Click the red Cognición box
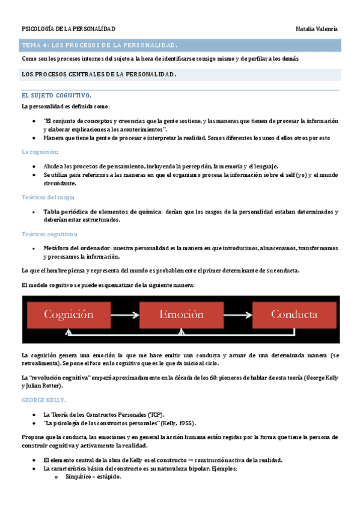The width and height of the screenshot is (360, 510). (68, 315)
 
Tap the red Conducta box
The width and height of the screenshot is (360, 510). (294, 315)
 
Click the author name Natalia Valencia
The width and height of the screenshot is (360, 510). (317, 29)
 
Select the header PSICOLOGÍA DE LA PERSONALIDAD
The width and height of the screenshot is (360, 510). (69, 29)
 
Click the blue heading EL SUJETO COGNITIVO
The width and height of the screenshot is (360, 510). (56, 96)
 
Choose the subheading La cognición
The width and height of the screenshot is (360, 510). (39, 152)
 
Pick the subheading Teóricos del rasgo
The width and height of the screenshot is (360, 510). (47, 197)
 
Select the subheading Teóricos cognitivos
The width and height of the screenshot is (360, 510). (49, 234)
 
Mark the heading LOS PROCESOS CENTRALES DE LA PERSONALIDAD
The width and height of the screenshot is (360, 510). (99, 74)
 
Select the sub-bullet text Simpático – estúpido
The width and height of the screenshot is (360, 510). (93, 476)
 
